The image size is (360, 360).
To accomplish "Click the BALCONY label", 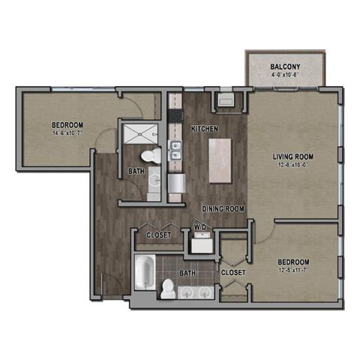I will pos(285,67).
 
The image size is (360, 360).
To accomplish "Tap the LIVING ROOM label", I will pos(292,157).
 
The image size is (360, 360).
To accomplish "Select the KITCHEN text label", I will pos(204,129).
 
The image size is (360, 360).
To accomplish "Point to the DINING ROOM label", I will pos(223,208).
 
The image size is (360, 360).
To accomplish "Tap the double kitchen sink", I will pos(175,150).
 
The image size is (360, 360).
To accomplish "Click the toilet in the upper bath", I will pos(152,156).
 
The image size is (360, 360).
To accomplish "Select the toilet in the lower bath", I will pos(168,288).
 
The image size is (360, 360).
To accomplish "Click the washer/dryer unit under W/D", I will pos(200,243).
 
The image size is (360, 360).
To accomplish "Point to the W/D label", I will pos(200,226).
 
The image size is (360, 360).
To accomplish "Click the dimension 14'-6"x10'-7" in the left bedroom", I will pos(67,133).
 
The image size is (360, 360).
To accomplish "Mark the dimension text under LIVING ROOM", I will pos(292,166).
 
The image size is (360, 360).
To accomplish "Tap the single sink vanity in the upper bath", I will pos(153,180).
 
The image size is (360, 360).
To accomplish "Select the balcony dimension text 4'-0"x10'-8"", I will pos(285,76).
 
